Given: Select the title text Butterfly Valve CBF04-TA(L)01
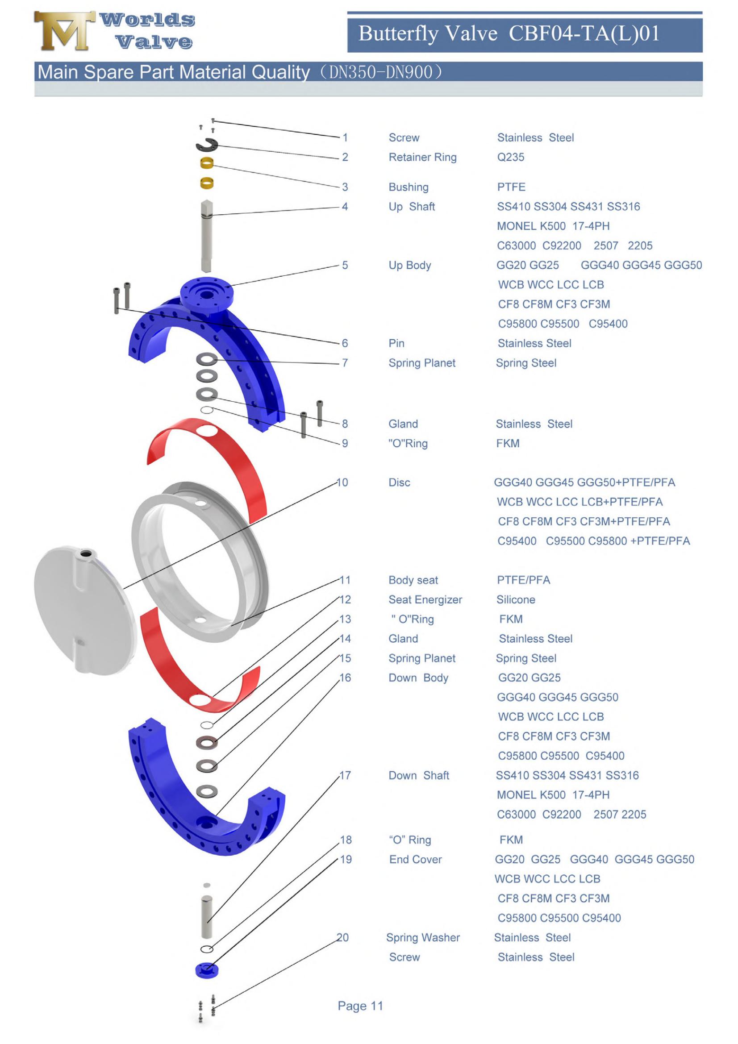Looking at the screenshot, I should coord(509,33).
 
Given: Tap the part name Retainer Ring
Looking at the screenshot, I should coord(422,157).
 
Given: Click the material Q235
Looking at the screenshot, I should coord(510,157).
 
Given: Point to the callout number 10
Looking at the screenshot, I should coord(342,482).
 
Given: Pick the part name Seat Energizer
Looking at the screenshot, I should coord(425,600).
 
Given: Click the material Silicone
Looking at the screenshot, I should coord(515,600).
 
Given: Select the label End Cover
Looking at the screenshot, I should coord(415,859).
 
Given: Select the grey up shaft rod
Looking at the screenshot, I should coord(206,237).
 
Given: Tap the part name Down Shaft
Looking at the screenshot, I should coord(418,775).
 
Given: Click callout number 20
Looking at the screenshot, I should coord(342,938).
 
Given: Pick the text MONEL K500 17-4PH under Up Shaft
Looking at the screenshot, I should coord(552,226).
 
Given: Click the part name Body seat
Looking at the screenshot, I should coord(413,580).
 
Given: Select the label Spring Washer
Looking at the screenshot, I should coord(422,938).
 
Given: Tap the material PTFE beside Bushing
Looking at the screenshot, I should coord(511,187).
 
